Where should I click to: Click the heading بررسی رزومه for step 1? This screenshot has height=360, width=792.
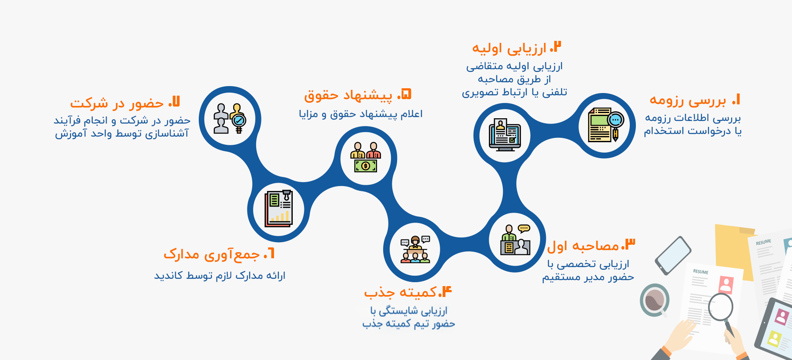[x=688, y=100]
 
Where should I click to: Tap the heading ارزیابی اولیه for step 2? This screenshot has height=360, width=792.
[x=509, y=48]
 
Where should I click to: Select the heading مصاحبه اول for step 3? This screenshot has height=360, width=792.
[x=583, y=246]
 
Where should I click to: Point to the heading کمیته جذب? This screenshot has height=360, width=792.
[x=401, y=293]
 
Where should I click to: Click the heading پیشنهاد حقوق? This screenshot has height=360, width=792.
[x=348, y=95]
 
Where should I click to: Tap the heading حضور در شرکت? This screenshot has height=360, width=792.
[x=117, y=103]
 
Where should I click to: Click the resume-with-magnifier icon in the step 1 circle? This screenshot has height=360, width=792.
[x=606, y=125]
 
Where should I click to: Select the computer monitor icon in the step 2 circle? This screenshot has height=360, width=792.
[x=505, y=135]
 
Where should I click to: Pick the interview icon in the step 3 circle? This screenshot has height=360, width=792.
[x=515, y=240]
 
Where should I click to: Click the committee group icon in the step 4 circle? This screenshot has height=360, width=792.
[x=415, y=250]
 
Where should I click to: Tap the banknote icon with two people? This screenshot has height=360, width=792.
[x=365, y=157]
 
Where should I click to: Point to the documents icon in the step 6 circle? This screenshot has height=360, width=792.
[x=278, y=209]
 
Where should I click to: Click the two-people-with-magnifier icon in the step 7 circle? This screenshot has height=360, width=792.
[x=230, y=118]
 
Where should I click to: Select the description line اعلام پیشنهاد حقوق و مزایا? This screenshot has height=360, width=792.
[x=361, y=114]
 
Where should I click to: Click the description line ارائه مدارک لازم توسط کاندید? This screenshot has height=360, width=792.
[x=220, y=276]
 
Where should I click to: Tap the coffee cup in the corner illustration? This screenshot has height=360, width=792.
[x=655, y=300]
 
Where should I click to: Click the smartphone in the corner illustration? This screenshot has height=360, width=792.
[x=673, y=256]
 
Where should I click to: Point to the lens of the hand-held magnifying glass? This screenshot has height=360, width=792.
[x=721, y=307]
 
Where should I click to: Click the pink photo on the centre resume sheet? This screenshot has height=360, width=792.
[x=726, y=285]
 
